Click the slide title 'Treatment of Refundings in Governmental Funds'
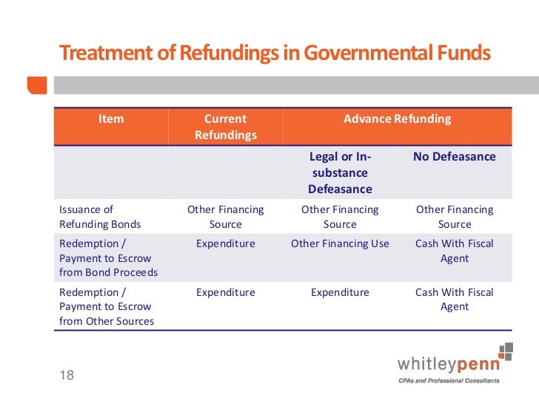[274, 53]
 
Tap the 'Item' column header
[111, 118]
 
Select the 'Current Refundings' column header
[226, 127]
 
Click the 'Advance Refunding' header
[397, 118]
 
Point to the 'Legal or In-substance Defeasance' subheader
[340, 172]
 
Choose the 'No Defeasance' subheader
[455, 157]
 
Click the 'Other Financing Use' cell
[340, 243]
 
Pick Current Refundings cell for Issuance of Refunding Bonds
[226, 217]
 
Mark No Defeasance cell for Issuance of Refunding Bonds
[455, 217]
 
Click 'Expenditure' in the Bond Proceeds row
[226, 243]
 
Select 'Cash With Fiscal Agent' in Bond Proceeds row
[455, 251]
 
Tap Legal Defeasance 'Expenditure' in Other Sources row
[340, 292]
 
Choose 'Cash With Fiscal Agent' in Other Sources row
[455, 299]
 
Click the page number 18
[67, 375]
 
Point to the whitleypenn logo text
[449, 364]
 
